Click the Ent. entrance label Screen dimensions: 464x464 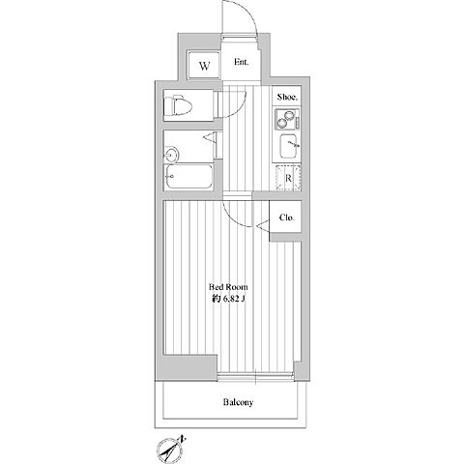click(x=241, y=62)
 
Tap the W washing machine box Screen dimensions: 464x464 click(x=204, y=65)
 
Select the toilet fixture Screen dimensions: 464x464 click(x=178, y=105)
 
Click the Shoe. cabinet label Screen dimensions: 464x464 click(x=287, y=97)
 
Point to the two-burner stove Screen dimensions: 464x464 click(x=287, y=119)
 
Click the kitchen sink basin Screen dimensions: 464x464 click(x=288, y=146)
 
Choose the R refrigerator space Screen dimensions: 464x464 click(x=288, y=178)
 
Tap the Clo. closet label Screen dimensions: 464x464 click(x=286, y=217)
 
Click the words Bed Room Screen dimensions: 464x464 click(x=228, y=287)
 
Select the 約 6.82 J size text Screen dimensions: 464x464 click(x=228, y=299)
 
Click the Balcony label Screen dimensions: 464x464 click(x=238, y=402)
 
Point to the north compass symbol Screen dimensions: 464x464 click(x=170, y=449)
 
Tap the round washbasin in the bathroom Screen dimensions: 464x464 click(x=171, y=155)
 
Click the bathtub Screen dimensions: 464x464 click(x=189, y=176)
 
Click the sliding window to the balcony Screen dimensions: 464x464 click(x=256, y=376)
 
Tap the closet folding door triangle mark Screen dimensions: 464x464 click(x=263, y=224)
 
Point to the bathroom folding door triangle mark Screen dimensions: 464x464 click(x=210, y=137)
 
